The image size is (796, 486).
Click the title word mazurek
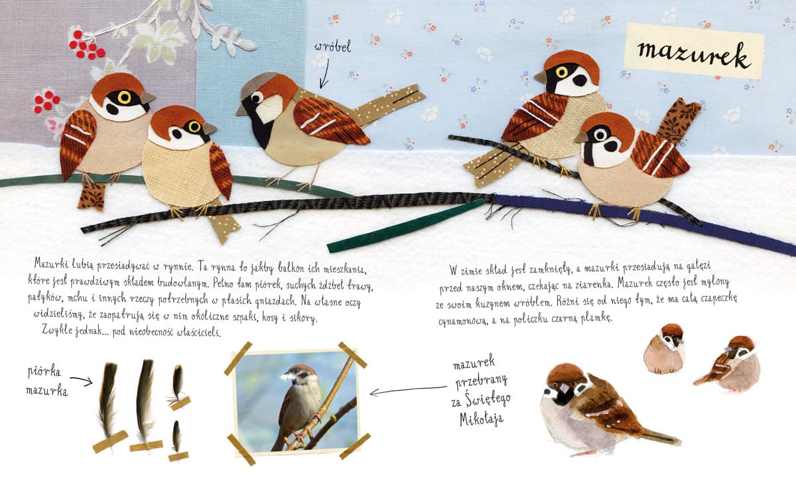[694, 56]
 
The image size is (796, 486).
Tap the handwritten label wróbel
[332, 46]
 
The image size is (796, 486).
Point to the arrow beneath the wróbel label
[324, 73]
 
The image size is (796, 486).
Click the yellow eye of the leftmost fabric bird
[125, 97]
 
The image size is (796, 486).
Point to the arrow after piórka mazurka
[81, 381]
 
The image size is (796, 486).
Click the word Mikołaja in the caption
[482, 419]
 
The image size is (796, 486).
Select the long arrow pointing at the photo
[408, 390]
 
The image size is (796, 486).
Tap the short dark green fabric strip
[405, 226]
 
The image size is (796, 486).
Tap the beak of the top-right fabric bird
[541, 77]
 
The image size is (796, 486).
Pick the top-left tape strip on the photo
[238, 359]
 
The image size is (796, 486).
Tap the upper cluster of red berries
[87, 46]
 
